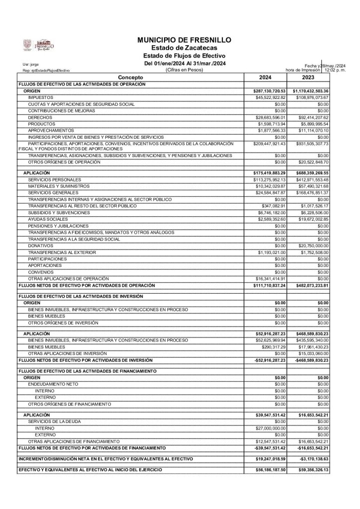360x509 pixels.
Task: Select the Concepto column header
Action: (131, 78)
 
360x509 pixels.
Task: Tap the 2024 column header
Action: (269, 78)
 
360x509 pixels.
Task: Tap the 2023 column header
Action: (311, 78)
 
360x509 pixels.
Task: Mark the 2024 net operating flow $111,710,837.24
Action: (270, 285)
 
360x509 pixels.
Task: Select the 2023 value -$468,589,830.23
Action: (311, 359)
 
